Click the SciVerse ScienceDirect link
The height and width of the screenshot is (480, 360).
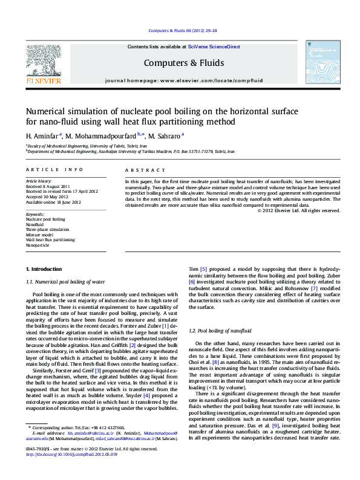click(x=214, y=47)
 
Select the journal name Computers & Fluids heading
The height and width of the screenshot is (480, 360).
click(x=184, y=63)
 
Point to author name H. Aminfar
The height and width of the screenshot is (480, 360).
click(x=42, y=135)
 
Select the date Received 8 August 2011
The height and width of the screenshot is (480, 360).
click(x=48, y=187)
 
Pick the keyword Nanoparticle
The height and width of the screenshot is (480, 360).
click(x=38, y=246)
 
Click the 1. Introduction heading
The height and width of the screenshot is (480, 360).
click(x=44, y=268)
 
